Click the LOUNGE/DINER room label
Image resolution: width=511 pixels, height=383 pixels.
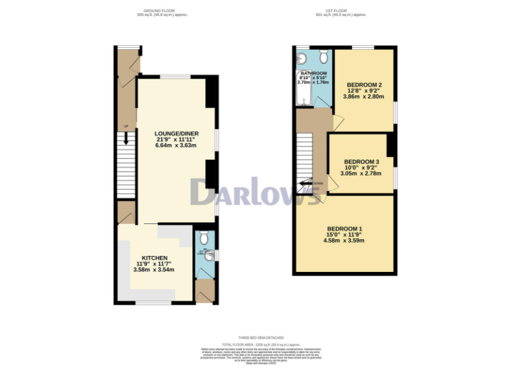point(176,133)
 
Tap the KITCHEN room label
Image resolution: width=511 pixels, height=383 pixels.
point(154,258)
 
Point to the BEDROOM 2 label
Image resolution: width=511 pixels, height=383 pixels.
point(364,84)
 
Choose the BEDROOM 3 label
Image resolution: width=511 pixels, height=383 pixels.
point(361,162)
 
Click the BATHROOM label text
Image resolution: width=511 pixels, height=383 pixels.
point(313,73)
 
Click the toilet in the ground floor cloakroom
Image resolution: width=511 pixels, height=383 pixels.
point(204,238)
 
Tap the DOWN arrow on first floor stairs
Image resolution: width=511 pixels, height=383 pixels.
point(307,183)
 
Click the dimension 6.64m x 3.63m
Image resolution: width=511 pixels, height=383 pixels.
point(176,145)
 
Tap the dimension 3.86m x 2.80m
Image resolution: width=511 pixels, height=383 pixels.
point(364,96)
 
